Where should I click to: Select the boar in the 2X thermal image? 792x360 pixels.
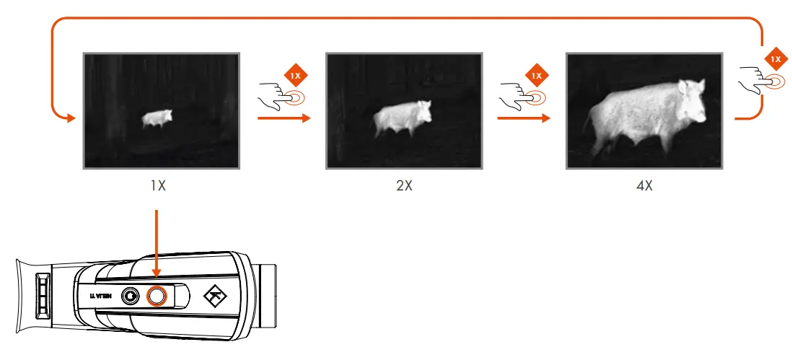[402, 118]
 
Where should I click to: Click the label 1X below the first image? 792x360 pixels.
[159, 185]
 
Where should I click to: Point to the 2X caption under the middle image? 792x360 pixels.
[404, 185]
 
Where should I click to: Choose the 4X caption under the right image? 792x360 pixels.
[644, 185]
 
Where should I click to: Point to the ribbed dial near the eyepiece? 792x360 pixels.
[43, 295]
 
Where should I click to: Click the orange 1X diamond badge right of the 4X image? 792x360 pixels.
[775, 58]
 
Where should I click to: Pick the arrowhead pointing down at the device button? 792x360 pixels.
[157, 272]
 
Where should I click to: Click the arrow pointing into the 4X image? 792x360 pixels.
[552, 118]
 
